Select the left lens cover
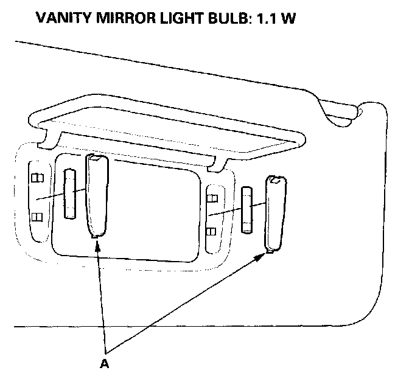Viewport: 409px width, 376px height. tap(97, 195)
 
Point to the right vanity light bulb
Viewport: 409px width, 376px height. tap(246, 211)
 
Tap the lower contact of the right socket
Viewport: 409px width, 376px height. tap(213, 231)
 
